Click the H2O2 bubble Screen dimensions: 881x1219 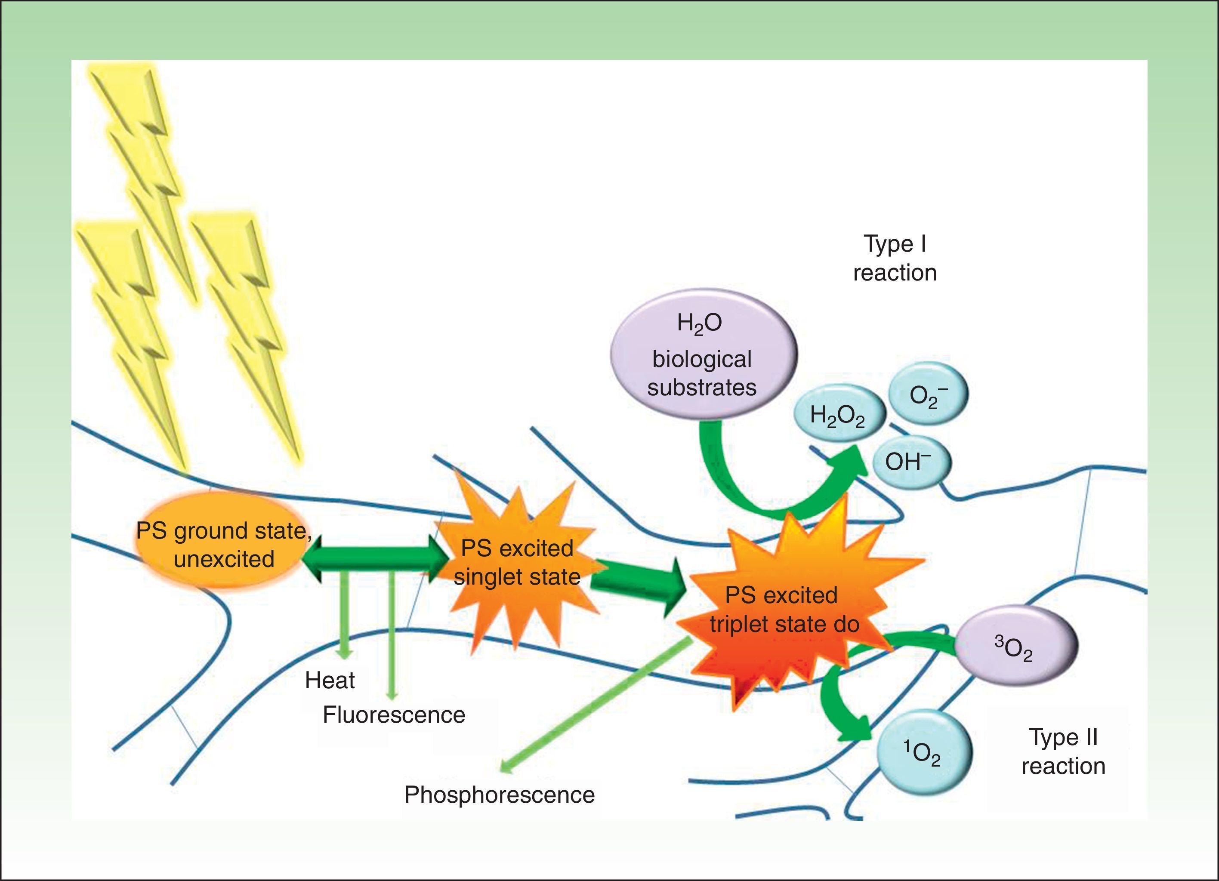point(837,416)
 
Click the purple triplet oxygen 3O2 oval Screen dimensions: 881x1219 point(1015,646)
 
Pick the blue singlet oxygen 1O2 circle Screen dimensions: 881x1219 point(924,752)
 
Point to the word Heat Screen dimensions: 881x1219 point(330,681)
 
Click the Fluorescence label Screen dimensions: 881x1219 point(393,715)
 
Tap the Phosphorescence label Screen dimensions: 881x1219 point(499,795)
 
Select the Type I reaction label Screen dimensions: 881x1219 point(895,259)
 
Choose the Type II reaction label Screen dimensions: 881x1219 point(1063,752)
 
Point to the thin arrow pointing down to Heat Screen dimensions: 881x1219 point(344,618)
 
